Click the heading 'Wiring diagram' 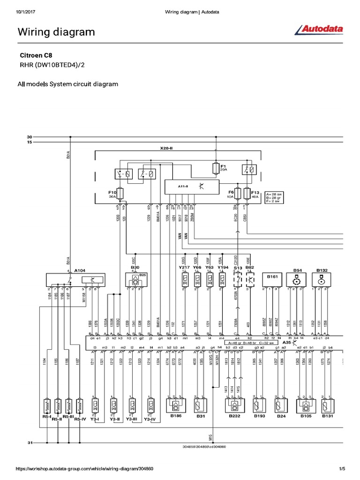(x=56, y=32)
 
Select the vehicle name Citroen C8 (x=35, y=55)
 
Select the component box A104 (x=75, y=280)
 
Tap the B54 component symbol (x=296, y=280)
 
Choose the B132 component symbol (x=322, y=280)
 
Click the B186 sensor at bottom (x=176, y=403)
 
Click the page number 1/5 (x=342, y=468)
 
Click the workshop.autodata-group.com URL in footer (x=84, y=468)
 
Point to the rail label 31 (x=30, y=442)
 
